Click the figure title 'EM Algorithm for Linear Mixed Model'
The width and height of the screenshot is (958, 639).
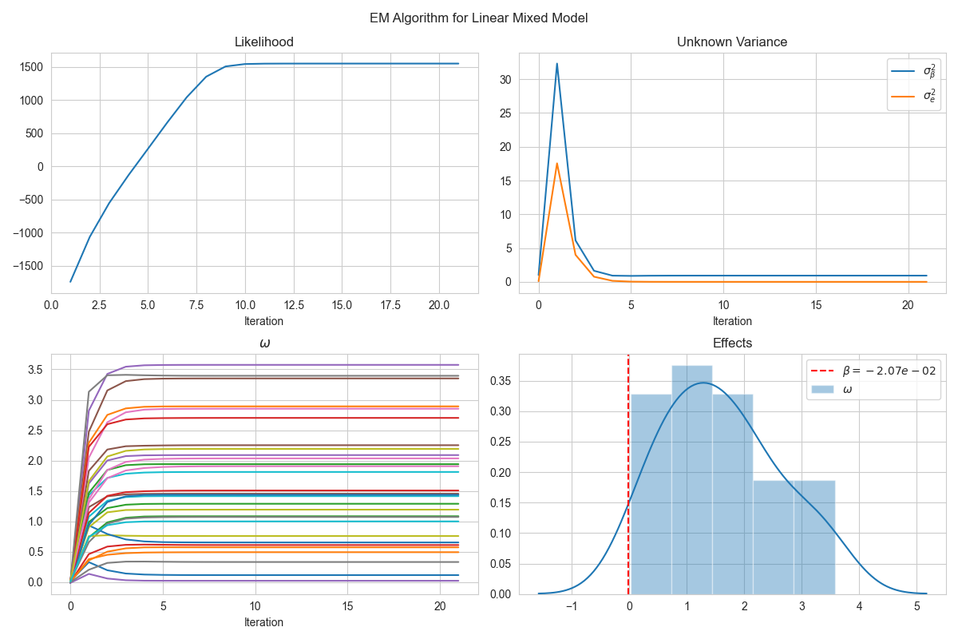pyautogui.click(x=479, y=18)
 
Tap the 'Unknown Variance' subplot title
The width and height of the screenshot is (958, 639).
pyautogui.click(x=732, y=42)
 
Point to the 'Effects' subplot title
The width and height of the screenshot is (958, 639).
pyautogui.click(x=732, y=343)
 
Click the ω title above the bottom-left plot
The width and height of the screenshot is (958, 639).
pyautogui.click(x=265, y=343)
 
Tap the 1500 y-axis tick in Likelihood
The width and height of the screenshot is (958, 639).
pyautogui.click(x=30, y=67)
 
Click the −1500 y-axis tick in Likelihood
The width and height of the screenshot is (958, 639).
pyautogui.click(x=28, y=267)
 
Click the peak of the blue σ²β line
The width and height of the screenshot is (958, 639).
pyautogui.click(x=557, y=64)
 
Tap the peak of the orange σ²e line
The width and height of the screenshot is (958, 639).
pyautogui.click(x=557, y=164)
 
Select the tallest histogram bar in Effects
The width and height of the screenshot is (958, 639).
pyautogui.click(x=691, y=479)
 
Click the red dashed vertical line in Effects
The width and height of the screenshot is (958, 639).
pyautogui.click(x=628, y=479)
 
